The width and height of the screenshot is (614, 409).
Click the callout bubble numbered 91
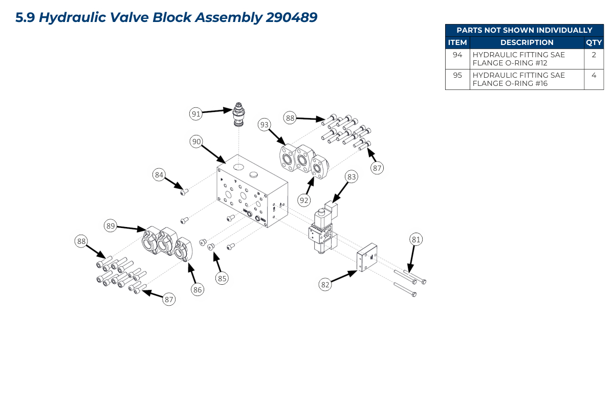click(195, 114)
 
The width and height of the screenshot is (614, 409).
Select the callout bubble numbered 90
click(195, 142)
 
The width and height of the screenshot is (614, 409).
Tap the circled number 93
click(264, 124)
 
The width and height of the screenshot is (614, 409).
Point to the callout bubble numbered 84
click(159, 175)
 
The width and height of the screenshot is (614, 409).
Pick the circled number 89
click(111, 225)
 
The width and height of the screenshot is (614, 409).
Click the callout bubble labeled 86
click(198, 290)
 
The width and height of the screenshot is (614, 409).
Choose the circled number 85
click(222, 279)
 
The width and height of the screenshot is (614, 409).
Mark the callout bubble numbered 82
click(325, 285)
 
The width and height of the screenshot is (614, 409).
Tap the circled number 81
click(416, 239)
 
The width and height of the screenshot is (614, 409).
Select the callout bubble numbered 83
click(351, 177)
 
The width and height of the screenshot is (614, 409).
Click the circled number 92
click(304, 200)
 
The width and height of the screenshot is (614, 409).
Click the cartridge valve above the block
click(239, 115)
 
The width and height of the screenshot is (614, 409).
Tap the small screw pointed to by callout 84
click(185, 192)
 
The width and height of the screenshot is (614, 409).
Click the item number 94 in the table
click(457, 54)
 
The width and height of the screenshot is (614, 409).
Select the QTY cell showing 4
click(594, 75)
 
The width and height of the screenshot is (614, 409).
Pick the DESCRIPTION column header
click(527, 42)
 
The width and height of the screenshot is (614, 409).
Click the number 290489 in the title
click(292, 17)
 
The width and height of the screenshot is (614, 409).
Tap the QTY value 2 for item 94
click(594, 54)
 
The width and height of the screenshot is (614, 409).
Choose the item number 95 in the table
click(457, 75)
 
